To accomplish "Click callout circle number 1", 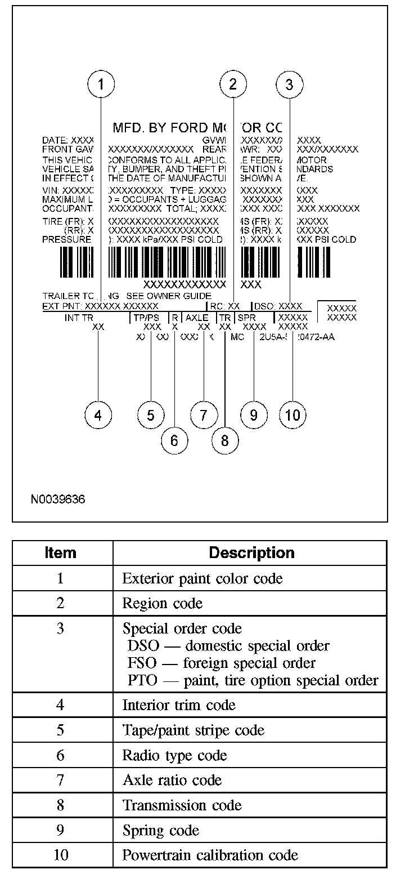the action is [x=101, y=84].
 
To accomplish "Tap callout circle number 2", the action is [x=233, y=84].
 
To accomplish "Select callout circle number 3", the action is [x=289, y=84].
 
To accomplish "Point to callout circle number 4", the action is [x=98, y=416].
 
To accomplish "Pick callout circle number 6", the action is [x=174, y=440].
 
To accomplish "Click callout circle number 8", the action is [x=225, y=440].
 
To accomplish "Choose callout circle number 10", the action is [x=292, y=416].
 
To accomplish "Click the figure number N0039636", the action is [x=58, y=499].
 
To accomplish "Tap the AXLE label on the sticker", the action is [x=197, y=318].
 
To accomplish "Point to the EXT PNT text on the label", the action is [x=62, y=306].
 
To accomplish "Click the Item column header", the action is [x=60, y=552].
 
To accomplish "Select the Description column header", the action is [x=251, y=552].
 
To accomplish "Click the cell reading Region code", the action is [x=162, y=603].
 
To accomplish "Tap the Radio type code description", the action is [x=174, y=755].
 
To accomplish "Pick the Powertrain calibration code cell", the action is [x=210, y=855].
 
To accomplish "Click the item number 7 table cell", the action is [x=60, y=780].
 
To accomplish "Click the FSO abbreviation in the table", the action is [x=142, y=663].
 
